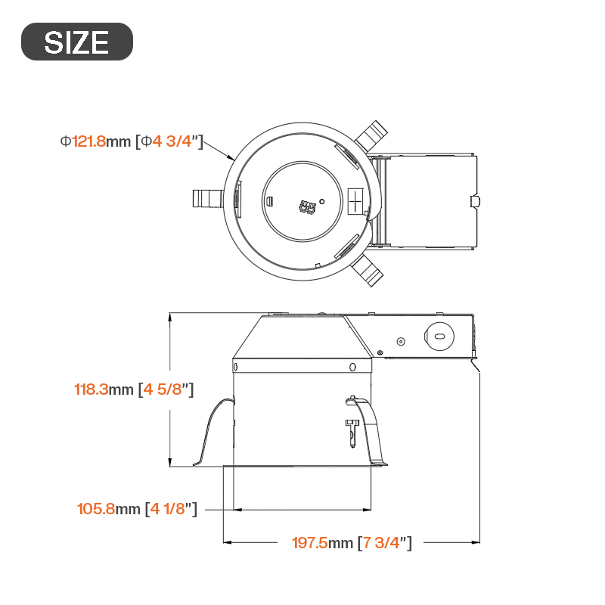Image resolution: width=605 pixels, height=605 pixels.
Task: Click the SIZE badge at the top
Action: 77,42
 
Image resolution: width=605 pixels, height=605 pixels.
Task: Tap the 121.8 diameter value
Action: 88,141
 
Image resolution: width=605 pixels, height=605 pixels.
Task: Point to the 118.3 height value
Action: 91,389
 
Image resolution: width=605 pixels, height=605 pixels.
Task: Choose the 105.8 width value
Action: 96,509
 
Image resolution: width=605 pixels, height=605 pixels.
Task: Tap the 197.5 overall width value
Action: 310,543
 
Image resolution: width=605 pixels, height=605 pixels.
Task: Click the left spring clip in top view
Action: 207,198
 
